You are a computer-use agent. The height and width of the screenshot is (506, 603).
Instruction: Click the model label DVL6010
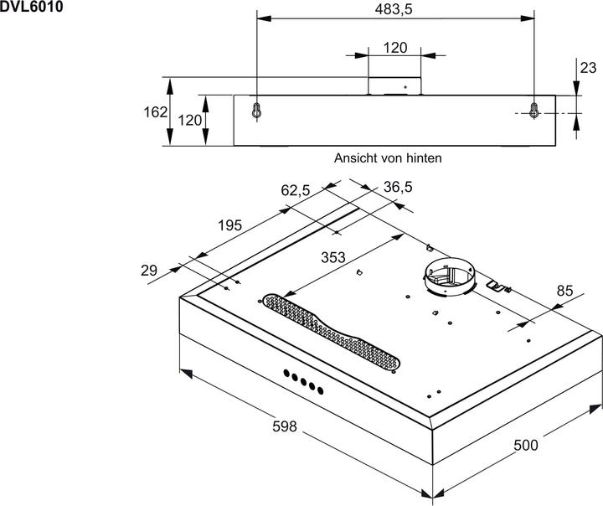tap(29, 6)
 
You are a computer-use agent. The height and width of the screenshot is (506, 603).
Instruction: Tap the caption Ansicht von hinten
tap(388, 157)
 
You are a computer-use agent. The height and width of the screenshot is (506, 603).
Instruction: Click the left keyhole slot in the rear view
tap(256, 110)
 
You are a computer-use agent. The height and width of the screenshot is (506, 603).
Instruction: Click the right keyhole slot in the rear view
tap(533, 110)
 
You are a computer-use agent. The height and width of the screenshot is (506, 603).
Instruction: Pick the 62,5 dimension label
tap(296, 191)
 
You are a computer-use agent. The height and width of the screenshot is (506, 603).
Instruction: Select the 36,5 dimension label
tap(398, 188)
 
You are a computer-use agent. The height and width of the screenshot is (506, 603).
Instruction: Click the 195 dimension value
tap(229, 225)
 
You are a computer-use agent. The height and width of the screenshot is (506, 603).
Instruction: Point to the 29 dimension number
tap(149, 270)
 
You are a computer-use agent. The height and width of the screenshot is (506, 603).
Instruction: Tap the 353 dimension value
tap(334, 258)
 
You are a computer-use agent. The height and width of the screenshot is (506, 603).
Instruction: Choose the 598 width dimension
tap(286, 426)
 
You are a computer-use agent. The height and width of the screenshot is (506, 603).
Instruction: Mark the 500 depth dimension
tap(525, 444)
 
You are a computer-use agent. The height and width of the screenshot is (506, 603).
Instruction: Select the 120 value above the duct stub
tap(395, 48)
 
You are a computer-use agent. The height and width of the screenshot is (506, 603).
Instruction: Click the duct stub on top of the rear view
tap(395, 85)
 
